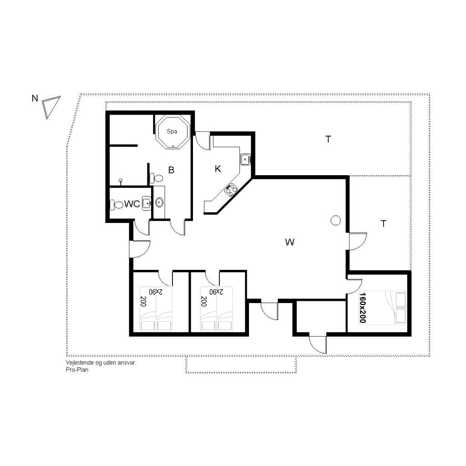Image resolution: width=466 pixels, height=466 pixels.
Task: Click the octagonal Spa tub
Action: point(172,132)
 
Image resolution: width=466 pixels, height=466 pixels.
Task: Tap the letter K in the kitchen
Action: point(218,169)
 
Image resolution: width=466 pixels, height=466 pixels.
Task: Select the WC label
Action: point(132,204)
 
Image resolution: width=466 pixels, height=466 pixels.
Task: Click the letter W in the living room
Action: point(290,242)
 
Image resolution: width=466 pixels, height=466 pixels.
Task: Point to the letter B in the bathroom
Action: point(171,170)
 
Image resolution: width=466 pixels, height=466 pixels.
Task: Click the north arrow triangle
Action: point(50,106)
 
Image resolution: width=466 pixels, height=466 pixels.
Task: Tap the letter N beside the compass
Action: point(35,98)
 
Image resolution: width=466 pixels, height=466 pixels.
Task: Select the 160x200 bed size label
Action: point(363,307)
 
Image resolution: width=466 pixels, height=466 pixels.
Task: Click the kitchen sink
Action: point(245,159)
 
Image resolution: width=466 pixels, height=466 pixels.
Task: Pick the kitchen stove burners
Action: point(231,190)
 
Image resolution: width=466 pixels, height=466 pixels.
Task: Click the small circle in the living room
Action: point(335,221)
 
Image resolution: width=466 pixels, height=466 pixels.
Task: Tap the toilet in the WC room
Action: point(117,205)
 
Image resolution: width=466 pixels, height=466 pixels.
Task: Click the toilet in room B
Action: point(157,178)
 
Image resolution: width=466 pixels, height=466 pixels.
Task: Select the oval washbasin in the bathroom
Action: point(159,203)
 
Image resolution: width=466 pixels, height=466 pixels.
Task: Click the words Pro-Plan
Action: point(77,370)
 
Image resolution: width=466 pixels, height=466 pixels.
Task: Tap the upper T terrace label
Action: point(328,139)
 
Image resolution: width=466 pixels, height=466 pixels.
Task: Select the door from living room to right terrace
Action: point(357,241)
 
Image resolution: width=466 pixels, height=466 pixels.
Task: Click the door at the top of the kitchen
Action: point(203,141)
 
